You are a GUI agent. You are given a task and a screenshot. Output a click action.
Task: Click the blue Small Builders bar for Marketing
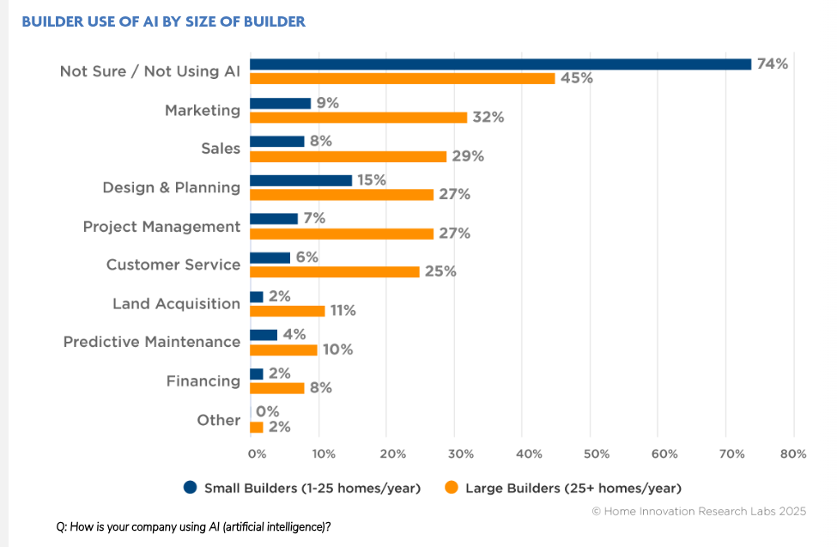(280, 103)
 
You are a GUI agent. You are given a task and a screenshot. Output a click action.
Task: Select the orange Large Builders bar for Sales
(348, 156)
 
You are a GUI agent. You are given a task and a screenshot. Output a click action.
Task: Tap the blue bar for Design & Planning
(300, 180)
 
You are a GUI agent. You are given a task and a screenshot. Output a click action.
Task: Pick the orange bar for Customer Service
(334, 271)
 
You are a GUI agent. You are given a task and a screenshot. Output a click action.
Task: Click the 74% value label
(771, 64)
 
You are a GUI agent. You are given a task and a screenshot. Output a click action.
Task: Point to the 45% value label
(576, 78)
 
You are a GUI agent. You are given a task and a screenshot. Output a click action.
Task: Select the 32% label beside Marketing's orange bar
(488, 118)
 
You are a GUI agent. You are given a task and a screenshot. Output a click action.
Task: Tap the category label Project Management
(161, 227)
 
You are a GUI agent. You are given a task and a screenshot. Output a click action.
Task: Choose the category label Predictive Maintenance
(152, 342)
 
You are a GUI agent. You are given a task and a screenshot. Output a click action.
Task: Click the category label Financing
(203, 380)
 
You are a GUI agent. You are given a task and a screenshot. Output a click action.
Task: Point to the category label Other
(218, 420)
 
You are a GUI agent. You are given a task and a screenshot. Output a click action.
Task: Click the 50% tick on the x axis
(596, 453)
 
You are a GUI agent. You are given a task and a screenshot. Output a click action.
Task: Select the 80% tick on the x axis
(793, 453)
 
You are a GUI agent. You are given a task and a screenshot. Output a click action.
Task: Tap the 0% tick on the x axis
(256, 453)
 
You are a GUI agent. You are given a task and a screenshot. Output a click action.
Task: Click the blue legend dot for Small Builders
(191, 488)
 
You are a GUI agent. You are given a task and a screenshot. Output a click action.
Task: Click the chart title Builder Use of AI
(163, 21)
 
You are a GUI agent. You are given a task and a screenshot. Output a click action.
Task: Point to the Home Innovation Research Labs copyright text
(699, 512)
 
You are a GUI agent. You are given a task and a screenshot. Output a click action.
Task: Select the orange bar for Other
(257, 427)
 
